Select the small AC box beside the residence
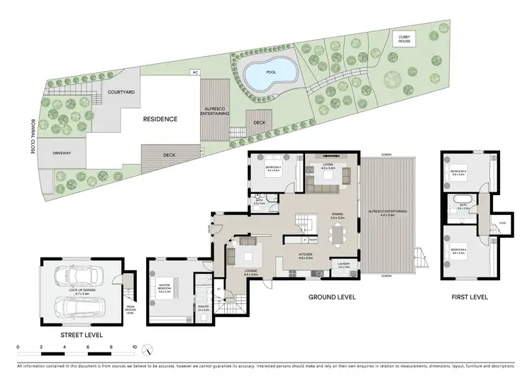coord(194,72)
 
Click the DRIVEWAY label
coord(64,153)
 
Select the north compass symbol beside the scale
coord(147,350)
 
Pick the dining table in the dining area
coord(333,230)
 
